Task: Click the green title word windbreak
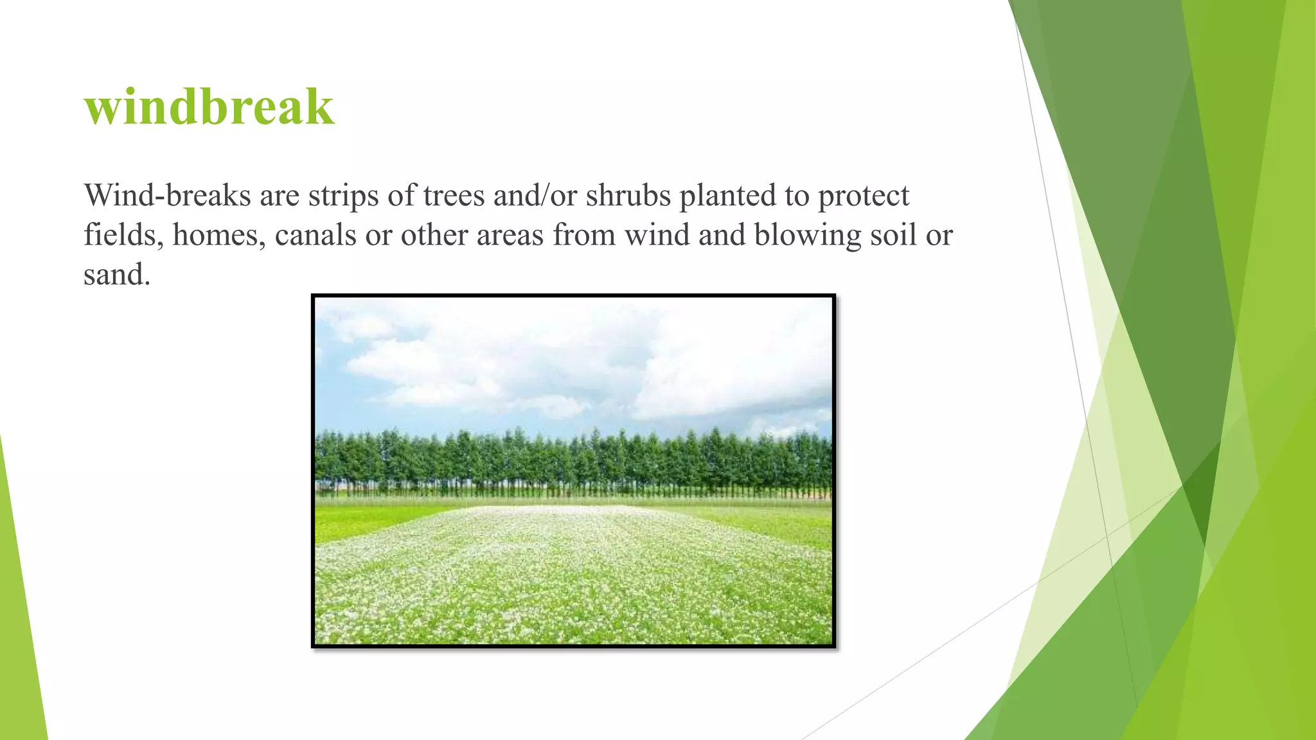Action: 209,107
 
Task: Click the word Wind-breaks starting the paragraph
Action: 166,195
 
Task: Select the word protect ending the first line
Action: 863,195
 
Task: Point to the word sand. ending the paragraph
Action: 117,275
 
